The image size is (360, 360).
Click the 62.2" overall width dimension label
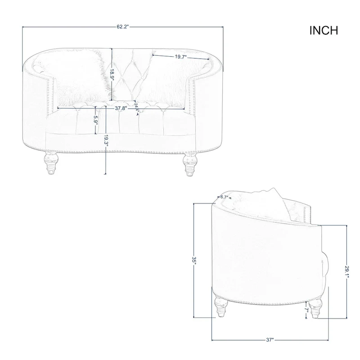(123, 27)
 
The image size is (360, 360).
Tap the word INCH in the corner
(324, 31)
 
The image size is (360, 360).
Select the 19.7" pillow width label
(181, 57)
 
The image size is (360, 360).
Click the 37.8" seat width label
(120, 108)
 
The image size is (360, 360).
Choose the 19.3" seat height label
(106, 140)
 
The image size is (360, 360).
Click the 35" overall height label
(194, 261)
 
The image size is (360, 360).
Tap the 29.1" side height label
(346, 272)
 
